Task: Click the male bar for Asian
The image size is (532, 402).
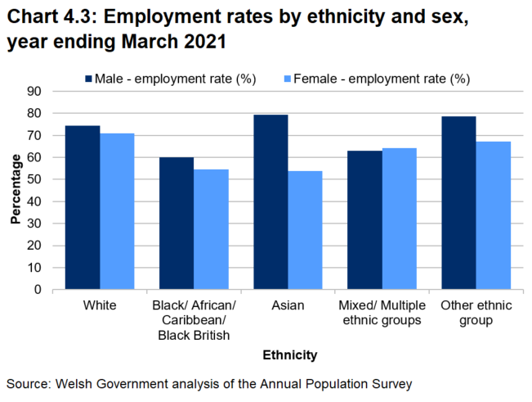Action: point(270,202)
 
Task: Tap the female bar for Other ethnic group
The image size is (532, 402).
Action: point(493,215)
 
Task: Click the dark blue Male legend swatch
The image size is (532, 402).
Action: point(89,79)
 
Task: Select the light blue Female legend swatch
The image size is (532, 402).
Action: point(287,79)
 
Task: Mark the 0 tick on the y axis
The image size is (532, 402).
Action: point(38,290)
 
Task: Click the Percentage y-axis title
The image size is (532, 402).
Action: point(16,190)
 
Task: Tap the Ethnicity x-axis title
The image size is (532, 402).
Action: point(289,355)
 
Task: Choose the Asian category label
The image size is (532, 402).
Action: point(288,306)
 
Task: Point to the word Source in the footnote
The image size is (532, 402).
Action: point(28,382)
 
